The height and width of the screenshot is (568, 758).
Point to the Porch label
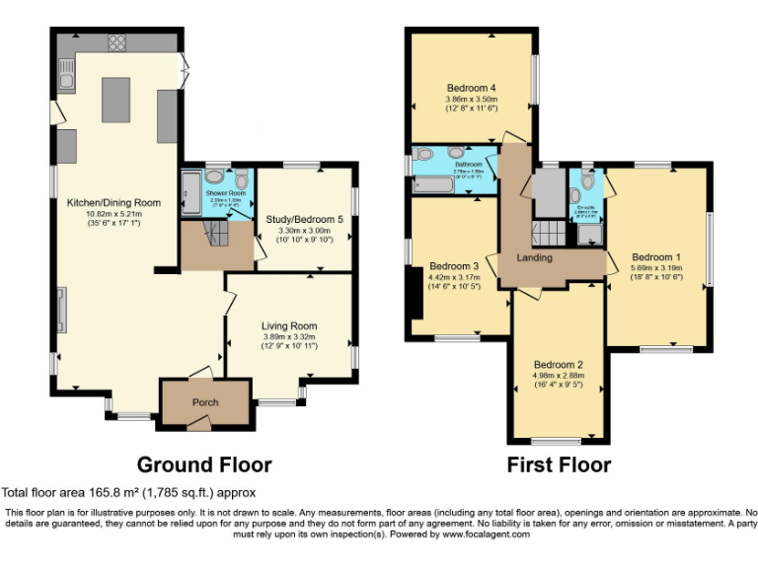205,402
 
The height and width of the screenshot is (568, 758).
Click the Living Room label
289,325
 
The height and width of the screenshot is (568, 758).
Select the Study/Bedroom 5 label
305,219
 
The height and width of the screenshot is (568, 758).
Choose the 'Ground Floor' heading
203,464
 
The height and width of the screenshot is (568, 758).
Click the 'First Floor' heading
559,464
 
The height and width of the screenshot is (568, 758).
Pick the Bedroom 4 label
470,88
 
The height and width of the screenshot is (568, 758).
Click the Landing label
534,258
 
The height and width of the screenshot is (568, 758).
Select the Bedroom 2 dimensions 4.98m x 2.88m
558,375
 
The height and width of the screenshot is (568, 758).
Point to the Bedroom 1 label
655,256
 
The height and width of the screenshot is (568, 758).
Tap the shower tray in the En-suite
587,234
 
